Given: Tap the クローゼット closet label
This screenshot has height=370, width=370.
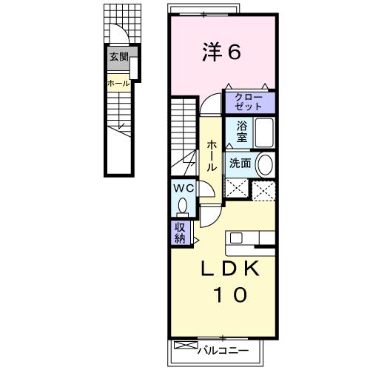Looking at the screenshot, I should click(243, 101).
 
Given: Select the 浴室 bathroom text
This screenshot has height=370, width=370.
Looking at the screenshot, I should click(242, 131).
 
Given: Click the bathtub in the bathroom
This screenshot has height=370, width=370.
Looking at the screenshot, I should click(264, 133).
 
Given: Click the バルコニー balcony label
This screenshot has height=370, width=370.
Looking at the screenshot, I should click(222, 350).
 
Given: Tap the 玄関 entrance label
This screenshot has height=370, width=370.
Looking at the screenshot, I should click(118, 56).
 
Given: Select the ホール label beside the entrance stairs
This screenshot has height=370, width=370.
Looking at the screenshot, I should click(118, 84).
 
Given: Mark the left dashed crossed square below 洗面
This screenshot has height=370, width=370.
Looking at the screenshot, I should click(238, 189).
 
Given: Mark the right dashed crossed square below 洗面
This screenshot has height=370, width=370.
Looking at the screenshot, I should click(263, 189).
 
